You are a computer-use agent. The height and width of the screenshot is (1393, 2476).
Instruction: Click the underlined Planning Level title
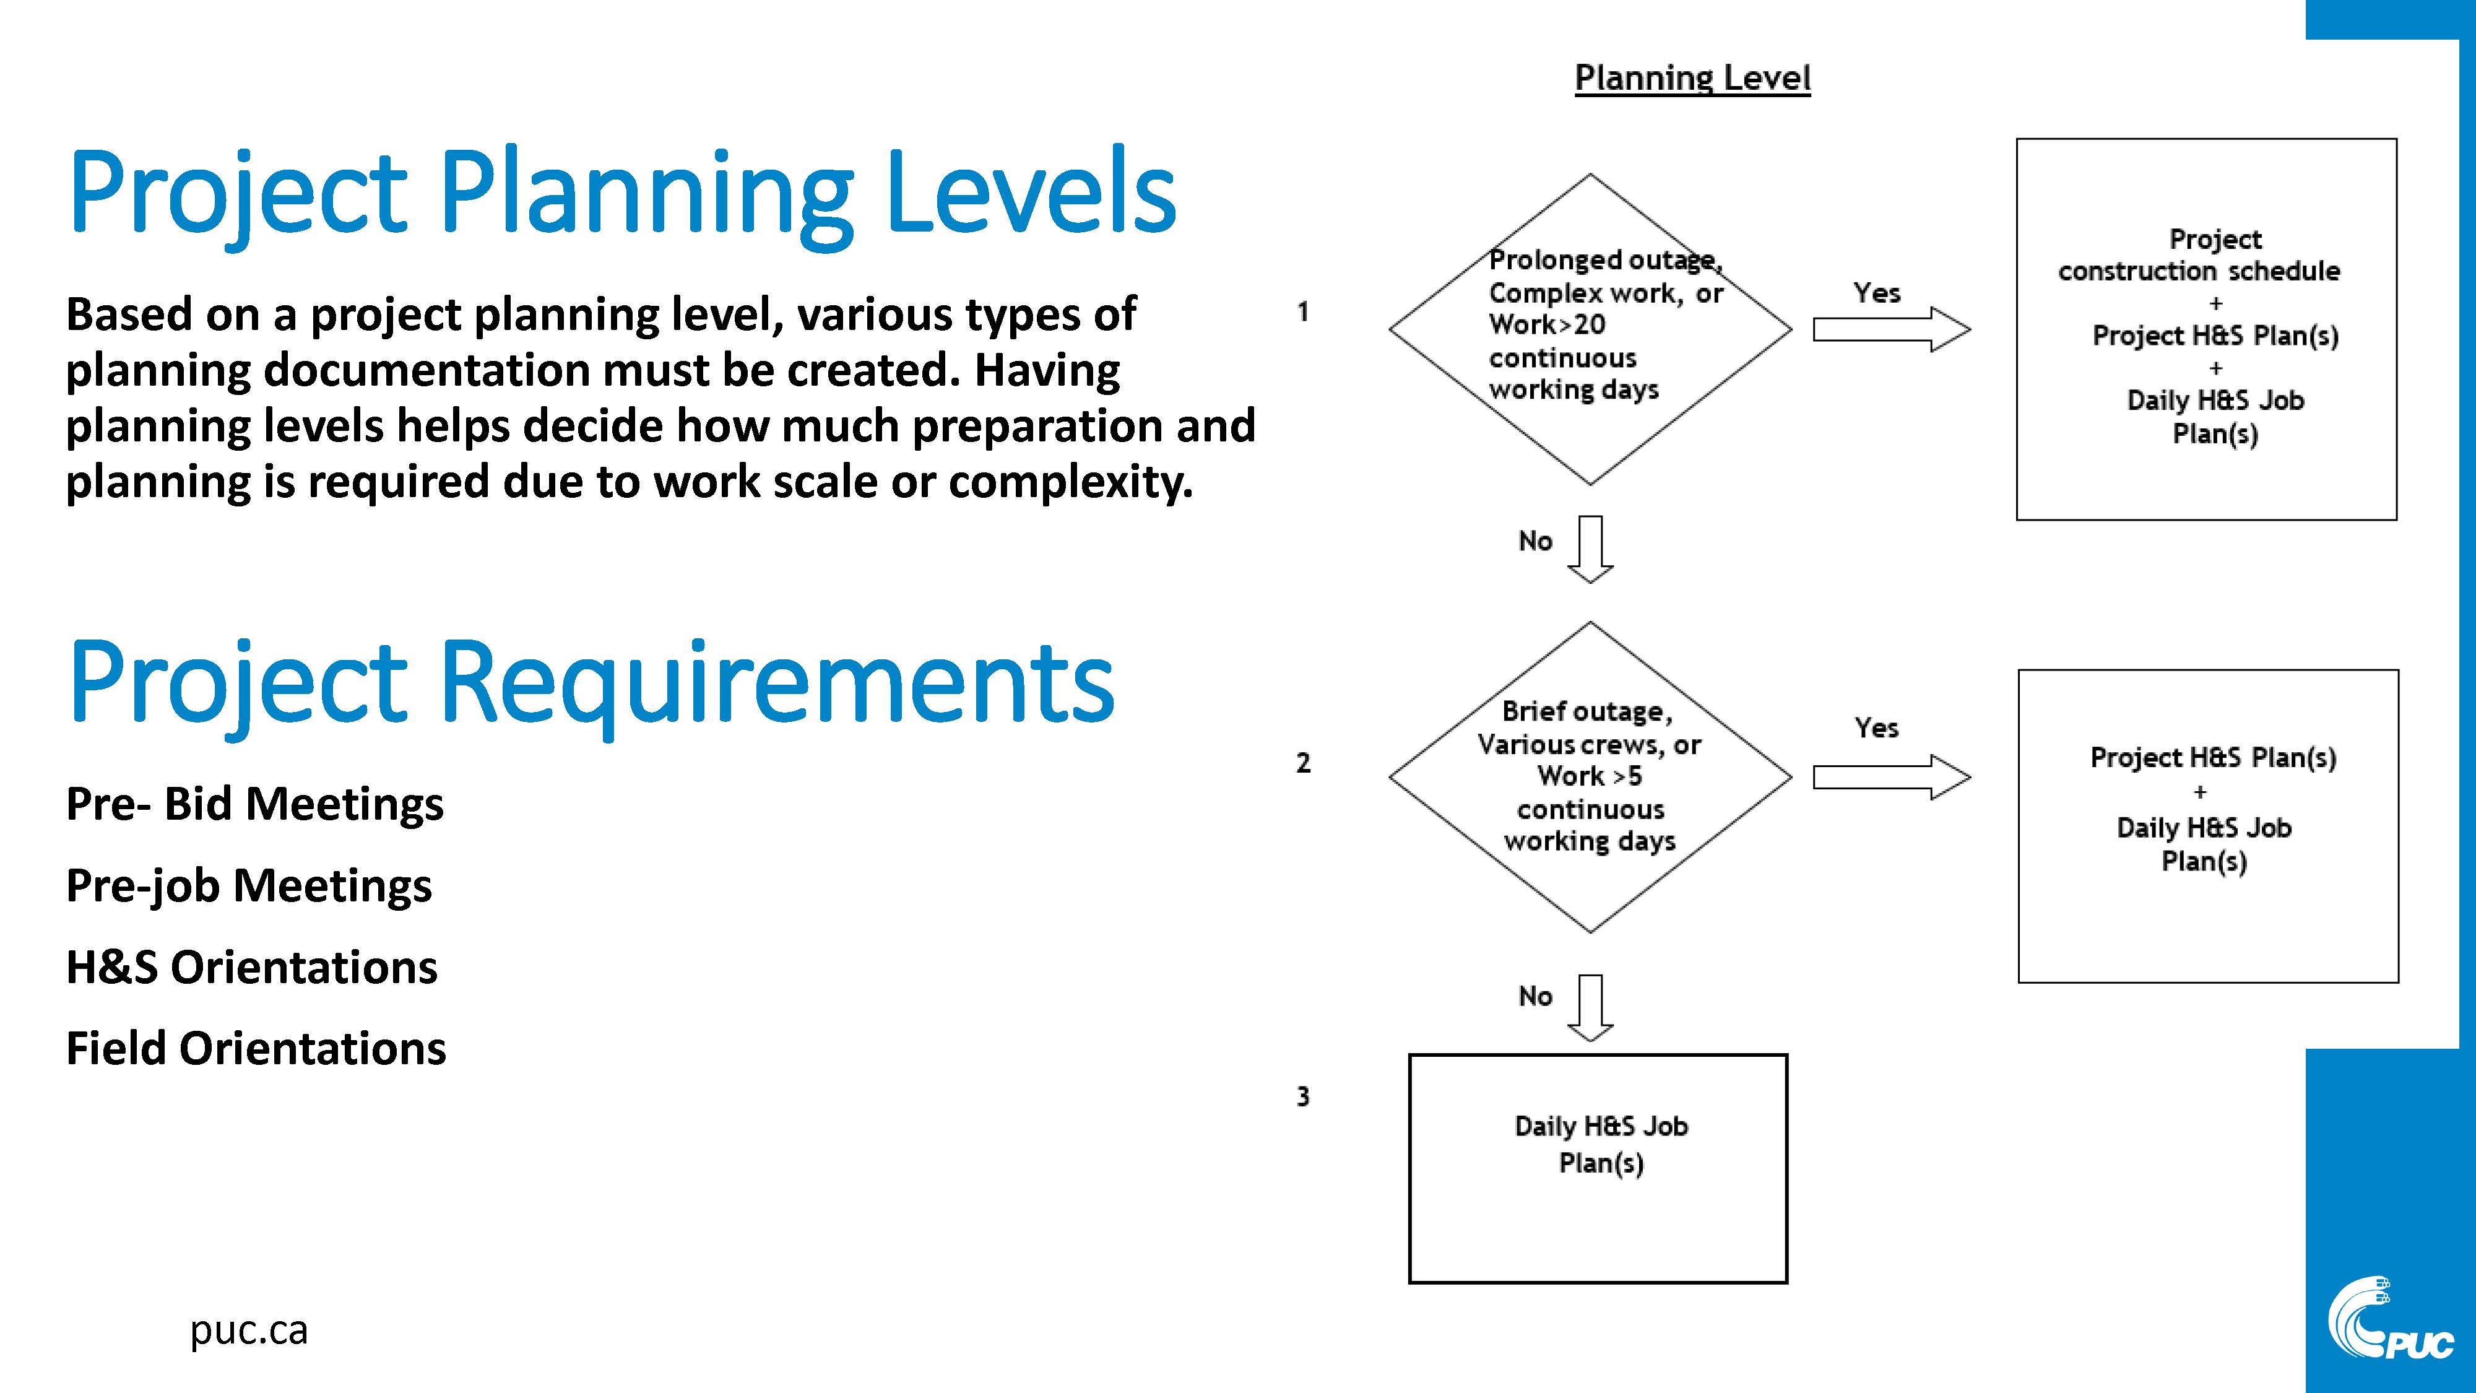coord(1692,78)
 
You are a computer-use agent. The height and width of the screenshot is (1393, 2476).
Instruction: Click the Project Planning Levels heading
coord(622,193)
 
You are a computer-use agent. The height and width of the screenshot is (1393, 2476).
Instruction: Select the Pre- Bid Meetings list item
coord(254,804)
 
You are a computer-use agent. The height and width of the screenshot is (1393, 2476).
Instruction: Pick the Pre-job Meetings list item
coord(249,885)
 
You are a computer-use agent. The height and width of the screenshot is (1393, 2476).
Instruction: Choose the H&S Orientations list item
coord(252,966)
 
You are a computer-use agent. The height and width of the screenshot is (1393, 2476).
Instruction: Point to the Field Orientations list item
coord(256,1048)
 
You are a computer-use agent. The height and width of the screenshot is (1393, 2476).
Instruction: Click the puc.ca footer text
coord(249,1330)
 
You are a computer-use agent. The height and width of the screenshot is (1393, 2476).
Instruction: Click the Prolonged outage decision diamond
coord(1591,329)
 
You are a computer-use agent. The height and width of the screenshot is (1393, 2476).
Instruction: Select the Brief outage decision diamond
coord(1591,777)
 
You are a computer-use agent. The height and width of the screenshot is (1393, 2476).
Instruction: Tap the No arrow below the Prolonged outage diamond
coord(1591,549)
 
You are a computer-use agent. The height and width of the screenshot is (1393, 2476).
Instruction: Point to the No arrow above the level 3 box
coord(1591,1007)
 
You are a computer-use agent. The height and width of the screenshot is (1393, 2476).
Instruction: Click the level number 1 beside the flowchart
coord(1304,311)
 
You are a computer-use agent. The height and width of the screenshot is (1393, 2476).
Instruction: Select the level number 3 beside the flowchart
coord(1304,1097)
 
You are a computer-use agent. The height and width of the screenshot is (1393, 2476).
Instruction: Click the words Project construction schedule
coord(2200,254)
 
